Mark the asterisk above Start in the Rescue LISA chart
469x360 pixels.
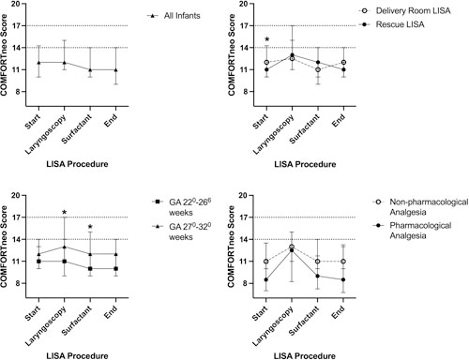pyautogui.click(x=267, y=40)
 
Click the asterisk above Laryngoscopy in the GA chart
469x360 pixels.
pyautogui.click(x=64, y=214)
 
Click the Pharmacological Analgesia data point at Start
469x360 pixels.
pyautogui.click(x=268, y=279)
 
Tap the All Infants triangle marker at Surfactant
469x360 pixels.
pyautogui.click(x=90, y=69)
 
